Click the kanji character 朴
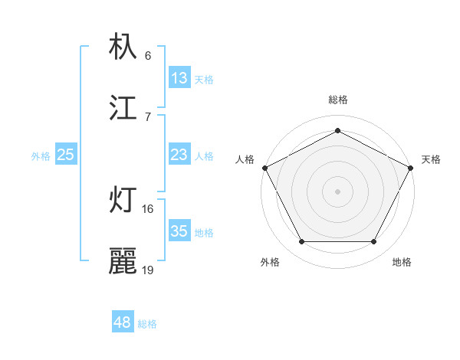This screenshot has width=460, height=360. click(123, 47)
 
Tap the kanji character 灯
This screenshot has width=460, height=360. click(123, 201)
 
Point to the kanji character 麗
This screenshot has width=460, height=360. click(123, 261)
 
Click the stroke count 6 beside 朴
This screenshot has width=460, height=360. click(148, 55)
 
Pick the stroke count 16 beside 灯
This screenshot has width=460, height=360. click(148, 208)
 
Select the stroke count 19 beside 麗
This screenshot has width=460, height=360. click(148, 270)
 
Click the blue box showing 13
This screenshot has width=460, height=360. click(179, 78)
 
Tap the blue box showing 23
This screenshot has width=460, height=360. click(179, 155)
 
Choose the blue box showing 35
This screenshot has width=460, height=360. click(179, 231)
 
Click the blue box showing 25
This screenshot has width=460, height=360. click(66, 155)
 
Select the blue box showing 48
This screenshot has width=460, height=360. click(123, 322)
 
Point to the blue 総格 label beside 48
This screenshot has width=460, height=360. click(147, 324)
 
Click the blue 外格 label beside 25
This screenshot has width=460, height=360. click(41, 156)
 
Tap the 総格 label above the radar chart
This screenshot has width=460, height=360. click(338, 100)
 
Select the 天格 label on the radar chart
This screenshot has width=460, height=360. click(431, 159)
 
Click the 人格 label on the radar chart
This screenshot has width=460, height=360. click(245, 159)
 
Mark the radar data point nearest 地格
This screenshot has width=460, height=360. click(374, 242)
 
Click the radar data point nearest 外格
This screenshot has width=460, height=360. click(301, 242)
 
